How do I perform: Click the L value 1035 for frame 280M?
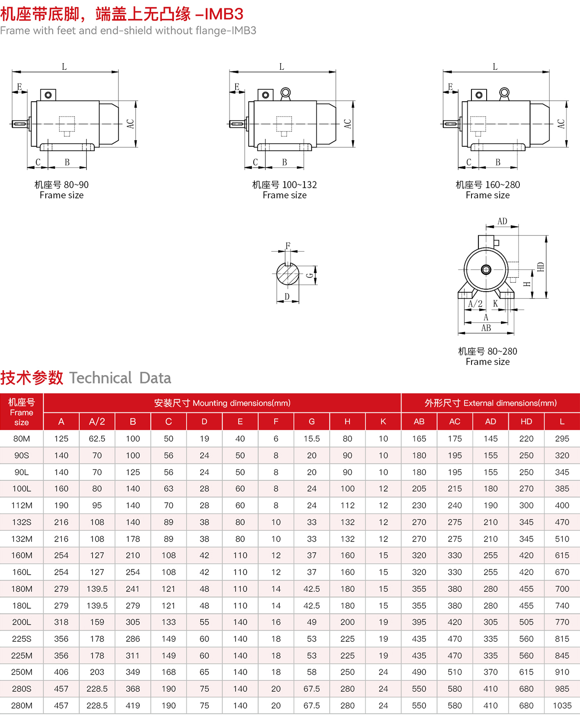(x=562, y=705)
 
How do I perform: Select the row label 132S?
(x=22, y=522)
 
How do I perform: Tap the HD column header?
(x=526, y=421)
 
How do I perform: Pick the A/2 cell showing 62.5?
(x=97, y=439)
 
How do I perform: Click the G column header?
(x=311, y=421)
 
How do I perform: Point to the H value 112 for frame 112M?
(x=347, y=505)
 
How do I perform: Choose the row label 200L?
(x=22, y=622)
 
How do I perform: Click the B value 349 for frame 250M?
(x=133, y=672)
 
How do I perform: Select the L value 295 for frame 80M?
(x=562, y=439)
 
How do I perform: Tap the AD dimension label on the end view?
(x=502, y=221)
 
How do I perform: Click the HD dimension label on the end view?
(x=541, y=267)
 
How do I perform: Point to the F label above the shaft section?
(x=288, y=246)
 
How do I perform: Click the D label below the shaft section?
(x=287, y=297)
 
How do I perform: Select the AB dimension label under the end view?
(x=486, y=328)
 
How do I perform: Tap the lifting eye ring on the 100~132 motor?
(x=285, y=93)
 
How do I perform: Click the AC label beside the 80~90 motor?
(x=130, y=124)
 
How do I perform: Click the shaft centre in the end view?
(x=486, y=270)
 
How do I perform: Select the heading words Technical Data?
(x=120, y=378)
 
